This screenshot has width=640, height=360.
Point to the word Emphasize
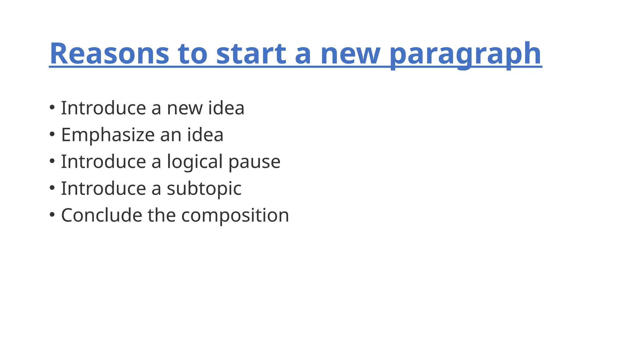click(108, 135)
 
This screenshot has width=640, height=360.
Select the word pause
click(254, 162)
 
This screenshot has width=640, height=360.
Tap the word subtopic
click(204, 189)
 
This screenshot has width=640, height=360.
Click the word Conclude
click(102, 215)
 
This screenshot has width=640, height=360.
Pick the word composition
click(235, 216)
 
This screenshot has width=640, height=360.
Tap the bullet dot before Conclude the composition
click(52, 215)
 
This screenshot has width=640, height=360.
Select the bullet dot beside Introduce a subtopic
click(52, 188)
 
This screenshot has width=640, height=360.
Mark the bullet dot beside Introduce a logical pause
click(52, 161)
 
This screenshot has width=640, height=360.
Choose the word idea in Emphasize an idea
click(205, 135)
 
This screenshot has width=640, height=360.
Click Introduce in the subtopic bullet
click(103, 188)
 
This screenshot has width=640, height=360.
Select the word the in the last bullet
click(162, 215)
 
